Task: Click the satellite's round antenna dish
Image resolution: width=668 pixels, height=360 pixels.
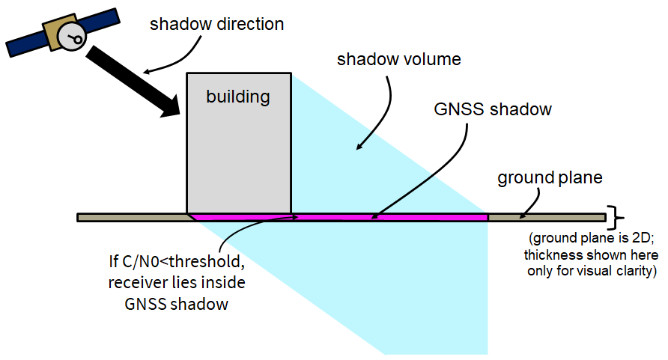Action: pyautogui.click(x=73, y=35)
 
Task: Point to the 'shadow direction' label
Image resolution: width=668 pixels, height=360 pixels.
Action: pyautogui.click(x=216, y=24)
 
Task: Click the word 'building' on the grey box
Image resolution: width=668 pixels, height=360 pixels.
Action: pyautogui.click(x=238, y=97)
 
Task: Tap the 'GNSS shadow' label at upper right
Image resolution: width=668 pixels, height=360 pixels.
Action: pyautogui.click(x=493, y=109)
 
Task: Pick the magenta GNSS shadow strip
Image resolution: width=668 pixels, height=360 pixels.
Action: pyautogui.click(x=389, y=217)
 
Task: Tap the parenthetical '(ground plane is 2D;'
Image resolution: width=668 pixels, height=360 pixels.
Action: pyautogui.click(x=591, y=240)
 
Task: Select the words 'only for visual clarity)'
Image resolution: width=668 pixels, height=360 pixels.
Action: pyautogui.click(x=592, y=271)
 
